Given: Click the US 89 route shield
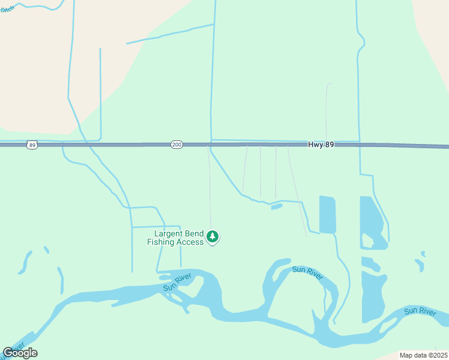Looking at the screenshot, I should (x=32, y=145).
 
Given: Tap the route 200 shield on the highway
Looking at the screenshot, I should (x=176, y=145).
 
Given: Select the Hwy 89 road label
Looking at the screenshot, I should (x=321, y=145).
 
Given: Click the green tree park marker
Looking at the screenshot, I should (x=212, y=237).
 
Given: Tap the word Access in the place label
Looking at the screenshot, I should (x=190, y=242).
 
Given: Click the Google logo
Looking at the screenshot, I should (x=20, y=353).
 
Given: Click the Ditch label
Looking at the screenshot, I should (x=7, y=10).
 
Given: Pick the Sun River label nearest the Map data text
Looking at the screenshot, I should (x=420, y=311).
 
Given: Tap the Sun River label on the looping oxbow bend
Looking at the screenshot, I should (x=307, y=273).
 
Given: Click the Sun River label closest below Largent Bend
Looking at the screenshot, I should (x=177, y=282).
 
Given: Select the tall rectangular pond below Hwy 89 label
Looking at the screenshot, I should (x=327, y=214).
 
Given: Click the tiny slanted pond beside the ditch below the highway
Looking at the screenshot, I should (x=277, y=206).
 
